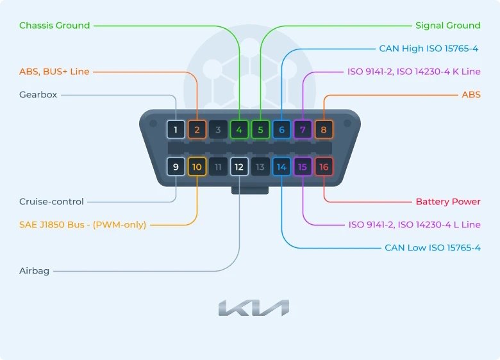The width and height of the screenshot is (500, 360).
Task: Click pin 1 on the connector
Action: point(176,129)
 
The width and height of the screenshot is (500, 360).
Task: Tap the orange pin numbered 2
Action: point(197,129)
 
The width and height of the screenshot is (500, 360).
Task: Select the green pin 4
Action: point(239,129)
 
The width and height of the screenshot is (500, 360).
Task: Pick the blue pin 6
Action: point(281,129)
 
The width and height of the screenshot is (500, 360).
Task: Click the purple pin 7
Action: point(303,129)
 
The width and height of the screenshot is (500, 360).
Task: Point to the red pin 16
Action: point(324,167)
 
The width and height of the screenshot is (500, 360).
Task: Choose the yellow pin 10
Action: point(197,167)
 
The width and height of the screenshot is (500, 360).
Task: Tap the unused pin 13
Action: point(260,167)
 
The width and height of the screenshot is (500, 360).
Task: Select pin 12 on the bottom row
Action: point(239,167)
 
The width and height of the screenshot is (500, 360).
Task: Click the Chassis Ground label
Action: point(54,26)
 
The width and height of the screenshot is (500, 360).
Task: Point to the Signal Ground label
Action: point(447,26)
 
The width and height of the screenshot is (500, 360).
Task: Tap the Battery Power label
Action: point(448,202)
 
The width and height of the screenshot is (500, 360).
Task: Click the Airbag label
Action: point(34,271)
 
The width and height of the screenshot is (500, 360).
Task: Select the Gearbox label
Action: point(38,95)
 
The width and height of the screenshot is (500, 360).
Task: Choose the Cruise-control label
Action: point(51,202)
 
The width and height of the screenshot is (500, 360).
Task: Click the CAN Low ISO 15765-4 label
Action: point(433,247)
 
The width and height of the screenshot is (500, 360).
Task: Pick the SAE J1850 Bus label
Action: point(83,225)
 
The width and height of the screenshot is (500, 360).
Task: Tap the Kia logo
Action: point(254,307)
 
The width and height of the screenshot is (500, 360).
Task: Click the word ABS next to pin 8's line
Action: point(471,95)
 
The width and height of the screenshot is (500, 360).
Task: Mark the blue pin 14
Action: point(281,167)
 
